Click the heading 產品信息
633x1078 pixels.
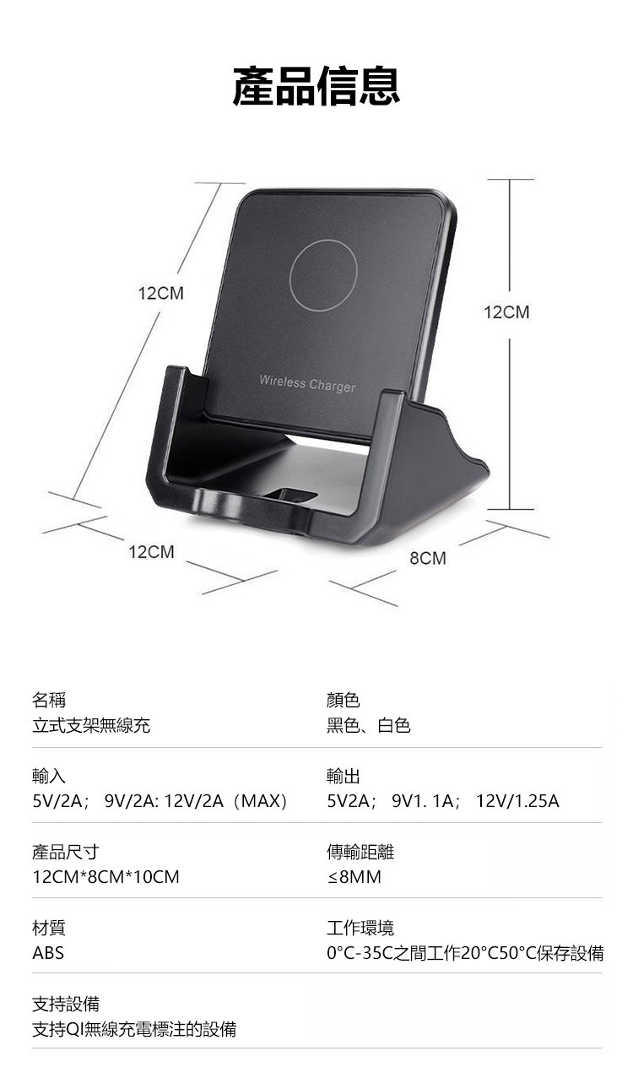coord(316,87)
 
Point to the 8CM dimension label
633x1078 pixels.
coord(428,558)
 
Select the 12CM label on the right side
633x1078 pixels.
coord(507,312)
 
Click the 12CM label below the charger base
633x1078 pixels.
coord(152,552)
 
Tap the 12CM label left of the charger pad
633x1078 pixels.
coord(160,294)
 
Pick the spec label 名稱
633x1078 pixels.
coord(48,700)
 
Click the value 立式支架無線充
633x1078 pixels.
coord(91,725)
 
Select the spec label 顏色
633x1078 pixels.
coord(344,700)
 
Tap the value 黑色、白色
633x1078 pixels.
coord(369,725)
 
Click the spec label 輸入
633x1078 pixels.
coord(48,775)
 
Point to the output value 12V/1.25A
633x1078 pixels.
coord(517,800)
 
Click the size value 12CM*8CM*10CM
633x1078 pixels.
coord(105,876)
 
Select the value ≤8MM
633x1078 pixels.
coord(354,876)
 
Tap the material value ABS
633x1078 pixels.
coord(48,953)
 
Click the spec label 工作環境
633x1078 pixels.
coord(360,928)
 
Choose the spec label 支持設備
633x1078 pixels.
coord(66,1004)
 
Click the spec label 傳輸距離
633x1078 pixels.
coord(360,852)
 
